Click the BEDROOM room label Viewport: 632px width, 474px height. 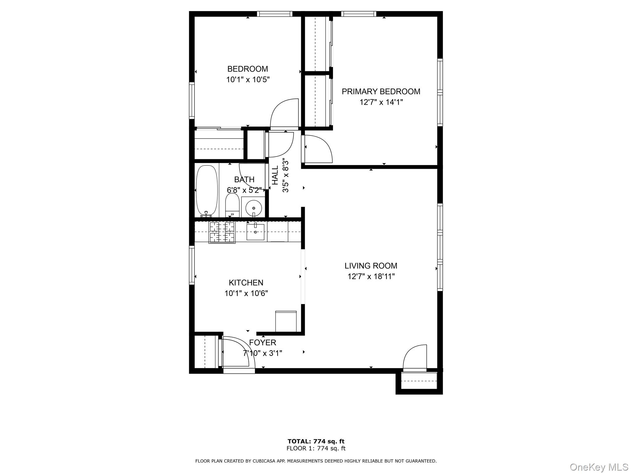pos(247,69)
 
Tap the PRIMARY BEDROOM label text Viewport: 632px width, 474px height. pos(381,92)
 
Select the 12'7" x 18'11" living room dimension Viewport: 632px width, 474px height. pos(371,276)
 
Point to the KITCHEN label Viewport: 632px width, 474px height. pos(246,283)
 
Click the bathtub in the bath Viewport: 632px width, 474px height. pos(206,190)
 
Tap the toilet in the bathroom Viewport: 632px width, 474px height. pos(232,205)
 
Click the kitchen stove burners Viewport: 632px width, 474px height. pos(222,232)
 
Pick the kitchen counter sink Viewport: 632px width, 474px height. pos(255,232)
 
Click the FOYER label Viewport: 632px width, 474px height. pos(263,343)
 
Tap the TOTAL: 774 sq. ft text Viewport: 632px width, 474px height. pos(316,441)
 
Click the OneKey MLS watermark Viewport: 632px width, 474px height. pos(599,467)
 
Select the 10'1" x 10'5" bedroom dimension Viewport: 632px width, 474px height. pos(248,80)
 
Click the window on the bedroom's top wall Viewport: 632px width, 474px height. pos(274,14)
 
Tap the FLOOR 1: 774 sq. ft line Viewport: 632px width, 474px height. pos(316,448)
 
